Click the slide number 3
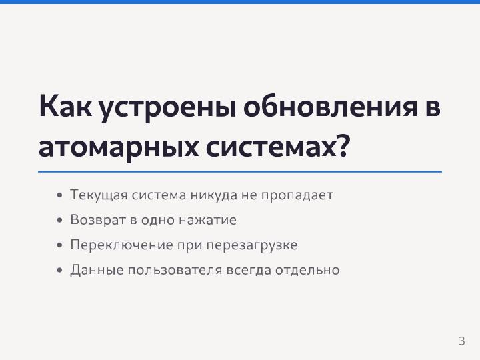click(x=461, y=341)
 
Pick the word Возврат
click(x=92, y=220)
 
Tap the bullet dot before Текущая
click(x=60, y=196)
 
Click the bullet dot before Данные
click(x=60, y=271)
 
